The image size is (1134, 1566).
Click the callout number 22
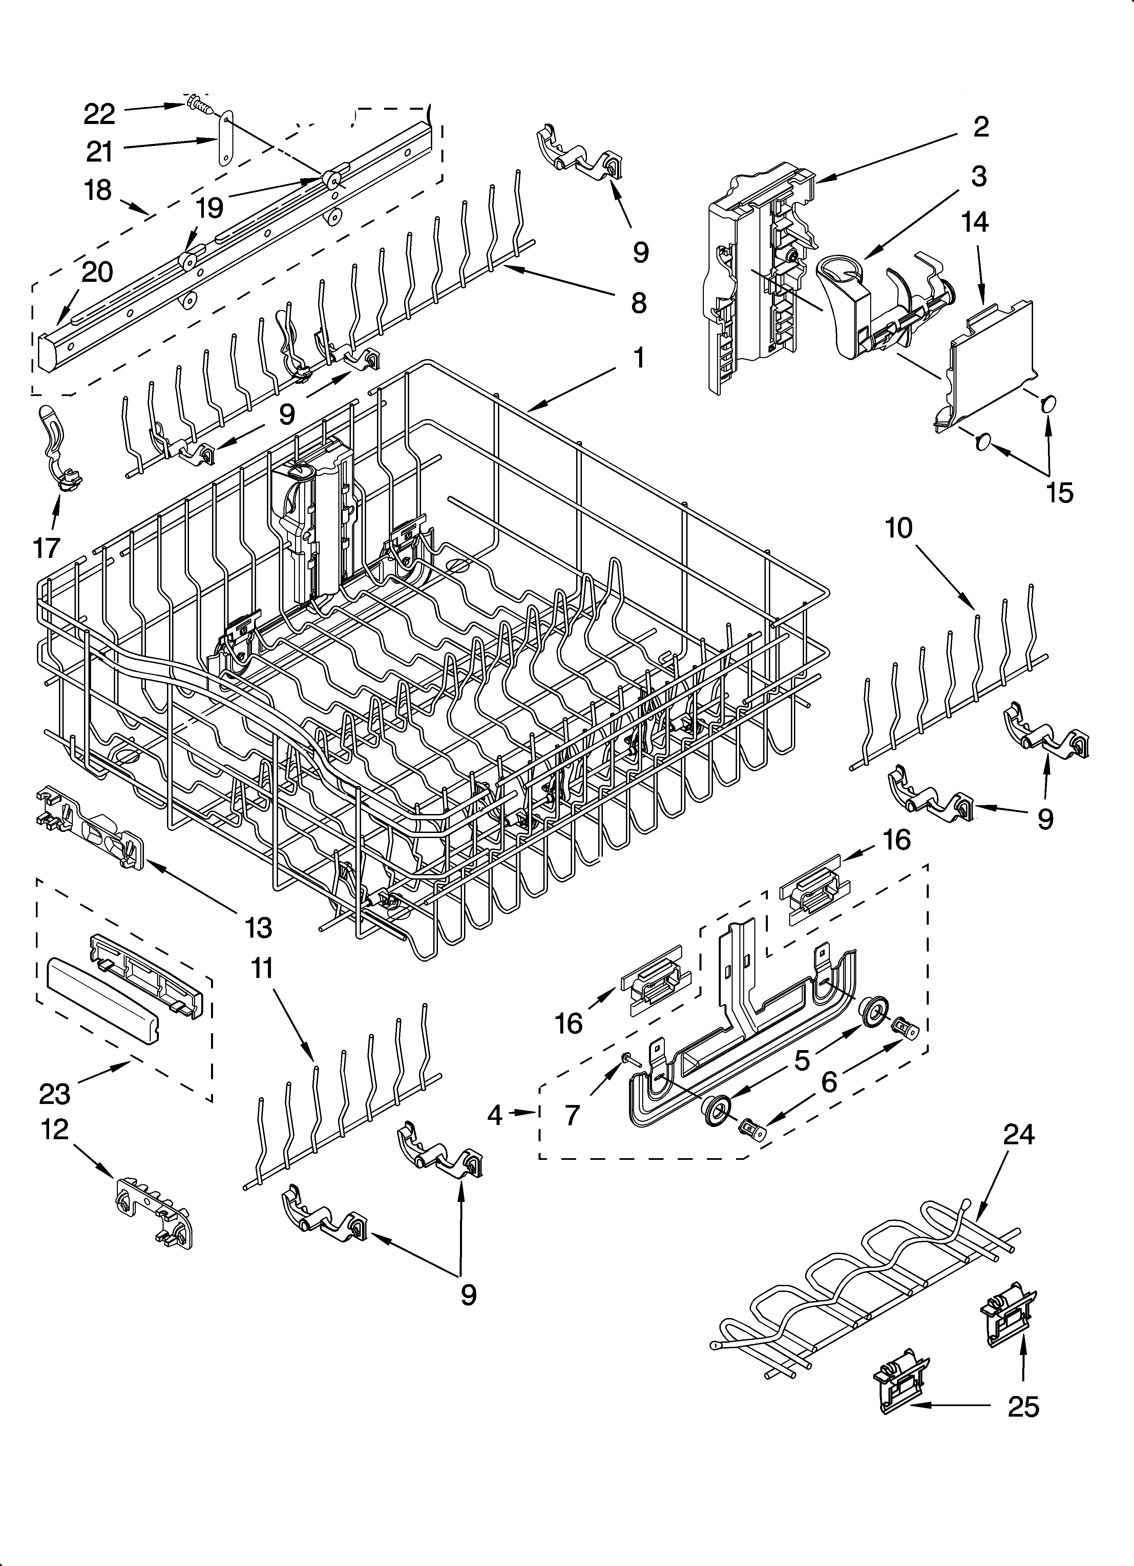[100, 114]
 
